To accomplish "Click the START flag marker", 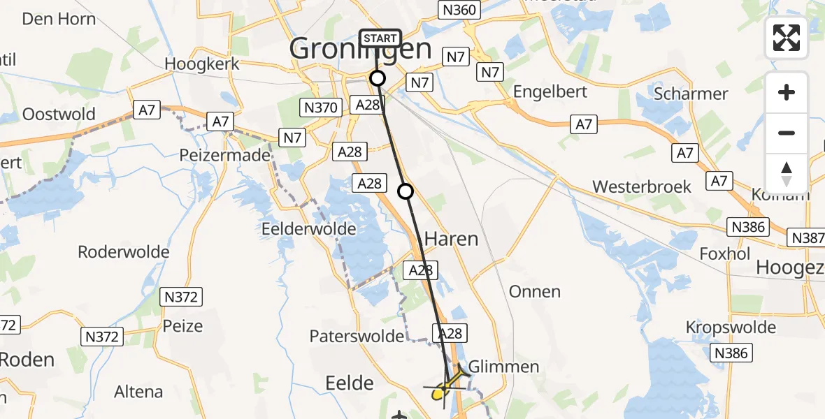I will pyautogui.click(x=380, y=39).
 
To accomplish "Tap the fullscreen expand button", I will pyautogui.click(x=787, y=38).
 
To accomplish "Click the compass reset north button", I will pyautogui.click(x=787, y=174).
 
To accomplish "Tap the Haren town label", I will pyautogui.click(x=452, y=239).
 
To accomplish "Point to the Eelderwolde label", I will pyautogui.click(x=309, y=228).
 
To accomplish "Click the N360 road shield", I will pyautogui.click(x=459, y=10).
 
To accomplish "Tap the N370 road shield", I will pyautogui.click(x=321, y=108).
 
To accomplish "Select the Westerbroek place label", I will pyautogui.click(x=642, y=186).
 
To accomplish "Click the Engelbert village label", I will pyautogui.click(x=552, y=92).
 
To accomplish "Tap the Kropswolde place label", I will pyautogui.click(x=731, y=328).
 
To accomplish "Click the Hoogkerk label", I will pyautogui.click(x=202, y=64).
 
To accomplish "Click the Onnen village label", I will pyautogui.click(x=535, y=291).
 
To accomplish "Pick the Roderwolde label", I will pyautogui.click(x=124, y=252).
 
